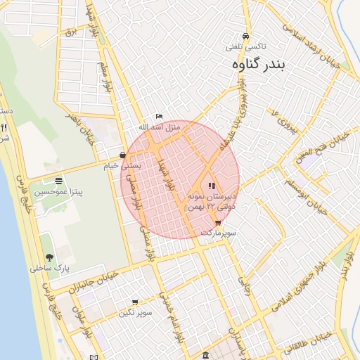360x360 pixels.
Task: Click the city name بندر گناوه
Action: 260,65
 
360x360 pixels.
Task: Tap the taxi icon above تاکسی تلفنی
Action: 245,36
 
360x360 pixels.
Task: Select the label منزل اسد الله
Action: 160,126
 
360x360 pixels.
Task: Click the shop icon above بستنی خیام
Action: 123,155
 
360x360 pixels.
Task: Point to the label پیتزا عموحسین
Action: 58,192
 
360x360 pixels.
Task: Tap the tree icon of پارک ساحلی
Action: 49,257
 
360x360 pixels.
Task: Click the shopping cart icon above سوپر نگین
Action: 135,302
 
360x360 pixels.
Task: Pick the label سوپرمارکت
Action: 219,232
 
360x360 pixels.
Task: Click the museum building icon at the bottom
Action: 205,355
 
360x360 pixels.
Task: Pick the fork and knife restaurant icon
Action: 4,128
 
